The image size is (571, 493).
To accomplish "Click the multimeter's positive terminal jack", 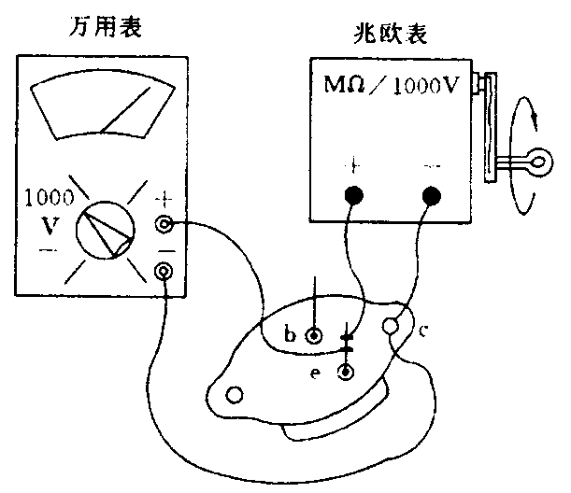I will point(164,224).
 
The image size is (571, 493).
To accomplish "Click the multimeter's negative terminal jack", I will point(164,272).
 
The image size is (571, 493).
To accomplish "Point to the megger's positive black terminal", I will point(353,196).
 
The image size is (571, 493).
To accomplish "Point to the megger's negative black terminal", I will point(432,196).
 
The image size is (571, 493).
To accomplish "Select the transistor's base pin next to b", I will point(316,333).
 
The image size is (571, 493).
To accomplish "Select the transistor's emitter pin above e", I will point(348,373).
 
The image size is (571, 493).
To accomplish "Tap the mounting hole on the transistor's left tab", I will point(236,395).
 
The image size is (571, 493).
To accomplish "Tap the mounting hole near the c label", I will point(393,327).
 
